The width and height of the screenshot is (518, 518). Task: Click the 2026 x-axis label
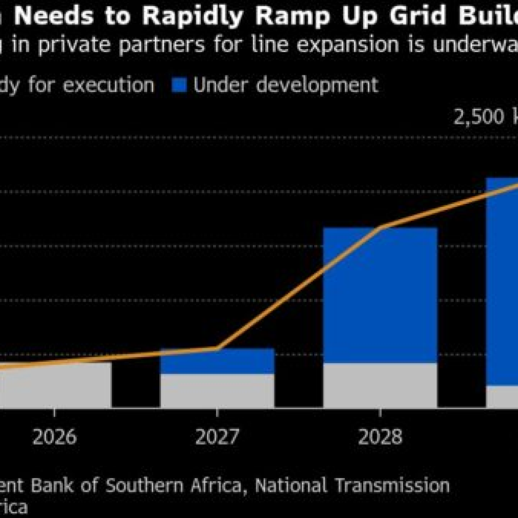pyautogui.click(x=55, y=437)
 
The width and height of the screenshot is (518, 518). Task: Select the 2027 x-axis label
pyautogui.click(x=217, y=437)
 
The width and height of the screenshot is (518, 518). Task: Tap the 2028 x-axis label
pyautogui.click(x=380, y=437)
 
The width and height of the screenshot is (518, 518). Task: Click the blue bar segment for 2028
pyautogui.click(x=380, y=295)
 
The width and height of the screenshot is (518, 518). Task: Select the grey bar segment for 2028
pyautogui.click(x=380, y=385)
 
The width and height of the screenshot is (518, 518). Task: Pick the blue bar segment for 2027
pyautogui.click(x=217, y=361)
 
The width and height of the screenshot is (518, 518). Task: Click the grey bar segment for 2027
pyautogui.click(x=217, y=391)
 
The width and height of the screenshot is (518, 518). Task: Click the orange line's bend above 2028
pyautogui.click(x=380, y=227)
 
